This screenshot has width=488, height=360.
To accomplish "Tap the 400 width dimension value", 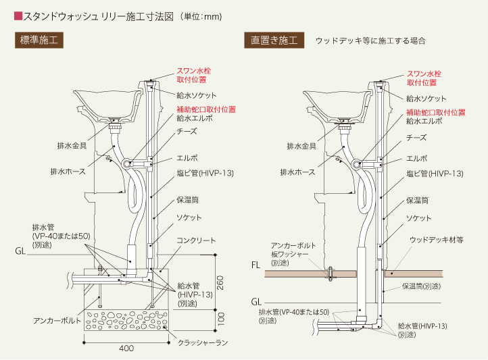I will [126, 349].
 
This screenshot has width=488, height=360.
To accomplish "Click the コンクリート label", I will [196, 240].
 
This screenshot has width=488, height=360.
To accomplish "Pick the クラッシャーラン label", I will [202, 343].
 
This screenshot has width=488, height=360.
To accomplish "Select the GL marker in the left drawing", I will [21, 251].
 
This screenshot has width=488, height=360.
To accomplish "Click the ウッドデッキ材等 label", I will [436, 240].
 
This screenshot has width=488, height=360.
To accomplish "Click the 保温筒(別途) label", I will [420, 286].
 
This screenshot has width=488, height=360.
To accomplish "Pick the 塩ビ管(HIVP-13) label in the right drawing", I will [435, 174].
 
